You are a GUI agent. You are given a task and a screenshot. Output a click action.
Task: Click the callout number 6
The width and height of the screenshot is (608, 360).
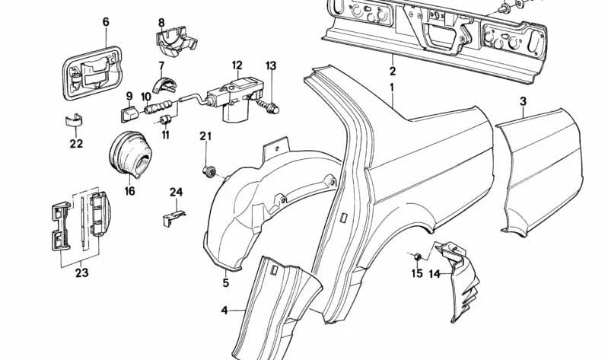click(x=106, y=22)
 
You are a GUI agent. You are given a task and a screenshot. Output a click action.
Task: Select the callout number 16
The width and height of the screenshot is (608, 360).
click(x=129, y=191)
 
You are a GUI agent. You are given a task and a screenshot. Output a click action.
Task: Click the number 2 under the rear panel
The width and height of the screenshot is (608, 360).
click(x=393, y=72)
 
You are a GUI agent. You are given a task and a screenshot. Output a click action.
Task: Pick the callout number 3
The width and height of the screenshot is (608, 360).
click(x=523, y=102)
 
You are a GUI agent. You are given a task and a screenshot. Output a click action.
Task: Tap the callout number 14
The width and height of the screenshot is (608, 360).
click(x=435, y=274)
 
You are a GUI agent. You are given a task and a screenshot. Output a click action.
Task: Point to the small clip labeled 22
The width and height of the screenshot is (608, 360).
click(x=73, y=119)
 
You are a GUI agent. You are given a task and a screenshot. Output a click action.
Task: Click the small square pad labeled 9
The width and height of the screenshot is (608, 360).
click(x=128, y=114)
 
